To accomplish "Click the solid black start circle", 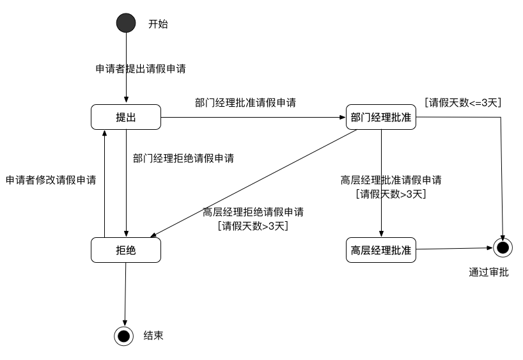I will coord(126,24).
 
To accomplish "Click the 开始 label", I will coord(158,24).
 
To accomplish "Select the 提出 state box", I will coord(126,118).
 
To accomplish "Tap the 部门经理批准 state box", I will coord(381,117).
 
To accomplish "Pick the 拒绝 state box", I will coord(126,250).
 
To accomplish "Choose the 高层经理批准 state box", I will coord(381,249).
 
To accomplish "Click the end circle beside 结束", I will coord(123,335).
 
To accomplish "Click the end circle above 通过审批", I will coord(503,247).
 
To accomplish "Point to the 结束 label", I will coord(153,335).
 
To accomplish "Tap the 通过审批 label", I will coord(489,272).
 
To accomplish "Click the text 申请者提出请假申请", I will coord(140,68).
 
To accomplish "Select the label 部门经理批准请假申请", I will coord(245,102).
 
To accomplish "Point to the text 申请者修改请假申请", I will coord(51,180).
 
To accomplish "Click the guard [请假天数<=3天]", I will coord(464,102).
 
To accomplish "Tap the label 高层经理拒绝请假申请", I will coord(253,212).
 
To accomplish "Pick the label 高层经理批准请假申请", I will coord(391,180).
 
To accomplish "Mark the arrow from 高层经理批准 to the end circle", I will coord(454,249).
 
